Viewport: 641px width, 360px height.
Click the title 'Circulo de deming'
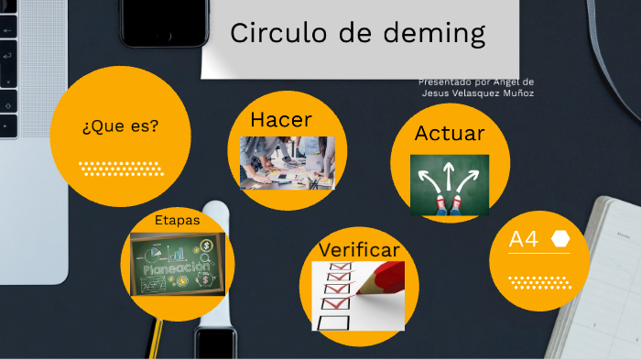tap(357, 33)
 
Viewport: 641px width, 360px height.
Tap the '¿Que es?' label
tap(120, 125)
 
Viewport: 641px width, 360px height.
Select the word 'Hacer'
tap(281, 120)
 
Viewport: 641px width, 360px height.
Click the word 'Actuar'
tap(450, 134)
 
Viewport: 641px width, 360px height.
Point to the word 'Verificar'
tap(359, 250)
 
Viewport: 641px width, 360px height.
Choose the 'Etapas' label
tap(177, 220)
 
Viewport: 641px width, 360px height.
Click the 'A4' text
tap(524, 240)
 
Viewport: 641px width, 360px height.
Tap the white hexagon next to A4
tap(560, 240)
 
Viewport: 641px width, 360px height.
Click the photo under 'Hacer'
tap(287, 163)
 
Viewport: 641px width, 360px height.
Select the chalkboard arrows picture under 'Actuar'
tap(449, 184)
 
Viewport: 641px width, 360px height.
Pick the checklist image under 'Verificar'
tap(357, 295)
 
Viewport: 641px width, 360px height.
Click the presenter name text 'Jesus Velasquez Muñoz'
tap(478, 93)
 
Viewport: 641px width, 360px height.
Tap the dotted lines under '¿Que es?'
tap(121, 169)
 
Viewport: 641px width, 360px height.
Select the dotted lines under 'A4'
tap(540, 282)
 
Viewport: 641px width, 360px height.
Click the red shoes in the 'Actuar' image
tap(449, 203)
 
